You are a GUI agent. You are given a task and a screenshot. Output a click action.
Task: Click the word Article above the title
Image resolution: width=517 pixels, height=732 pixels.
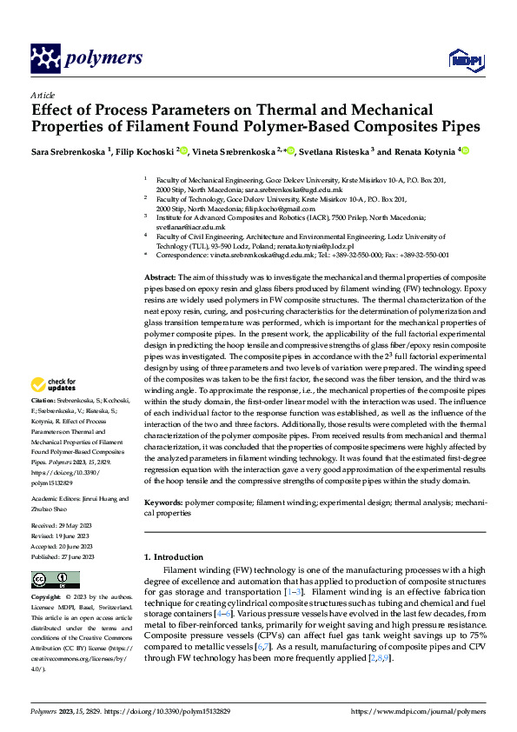point(43,95)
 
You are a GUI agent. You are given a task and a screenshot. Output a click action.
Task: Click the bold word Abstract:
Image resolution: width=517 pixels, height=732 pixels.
point(160,275)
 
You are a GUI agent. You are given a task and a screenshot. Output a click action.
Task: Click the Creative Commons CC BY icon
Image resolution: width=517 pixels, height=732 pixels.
point(55,580)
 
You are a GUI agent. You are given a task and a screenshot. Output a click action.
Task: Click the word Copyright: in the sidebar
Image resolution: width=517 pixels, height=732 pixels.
point(47,598)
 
